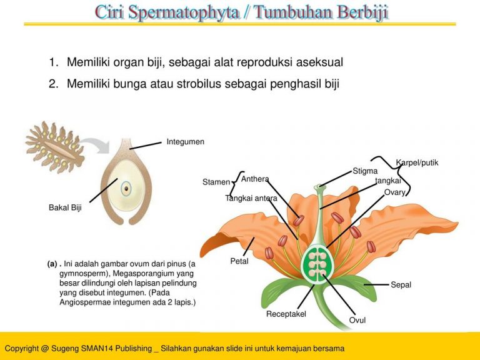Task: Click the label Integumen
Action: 185,142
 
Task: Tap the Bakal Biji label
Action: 65,207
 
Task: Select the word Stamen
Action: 216,182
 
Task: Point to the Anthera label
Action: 254,179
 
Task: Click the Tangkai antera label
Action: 251,199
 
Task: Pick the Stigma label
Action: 365,171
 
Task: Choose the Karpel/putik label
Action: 417,163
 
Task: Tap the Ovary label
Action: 395,192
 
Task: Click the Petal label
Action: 239,261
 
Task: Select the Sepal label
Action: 401,285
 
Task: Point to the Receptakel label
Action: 286,314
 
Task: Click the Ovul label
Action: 357,321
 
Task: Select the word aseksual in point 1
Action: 319,62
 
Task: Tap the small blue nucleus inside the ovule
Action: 126,187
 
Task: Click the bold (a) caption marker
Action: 52,264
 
